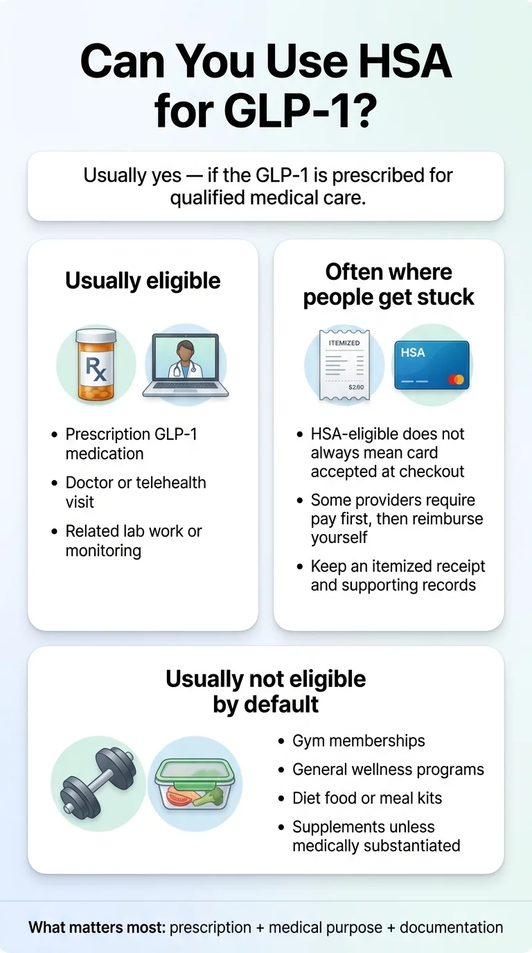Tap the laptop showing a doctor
(186, 366)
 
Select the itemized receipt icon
(344, 364)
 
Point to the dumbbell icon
(98, 783)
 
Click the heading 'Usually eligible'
(143, 280)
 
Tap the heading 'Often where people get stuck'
(389, 285)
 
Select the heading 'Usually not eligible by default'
(266, 691)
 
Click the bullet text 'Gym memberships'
(358, 740)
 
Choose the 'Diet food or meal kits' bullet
(366, 798)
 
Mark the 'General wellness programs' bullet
(388, 769)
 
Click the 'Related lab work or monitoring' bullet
(133, 541)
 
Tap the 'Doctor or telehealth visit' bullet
(135, 492)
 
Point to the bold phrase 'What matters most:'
(97, 927)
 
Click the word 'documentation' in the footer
(451, 927)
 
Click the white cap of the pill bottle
(96, 337)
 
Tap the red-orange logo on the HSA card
(455, 380)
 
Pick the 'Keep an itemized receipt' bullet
(397, 576)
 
